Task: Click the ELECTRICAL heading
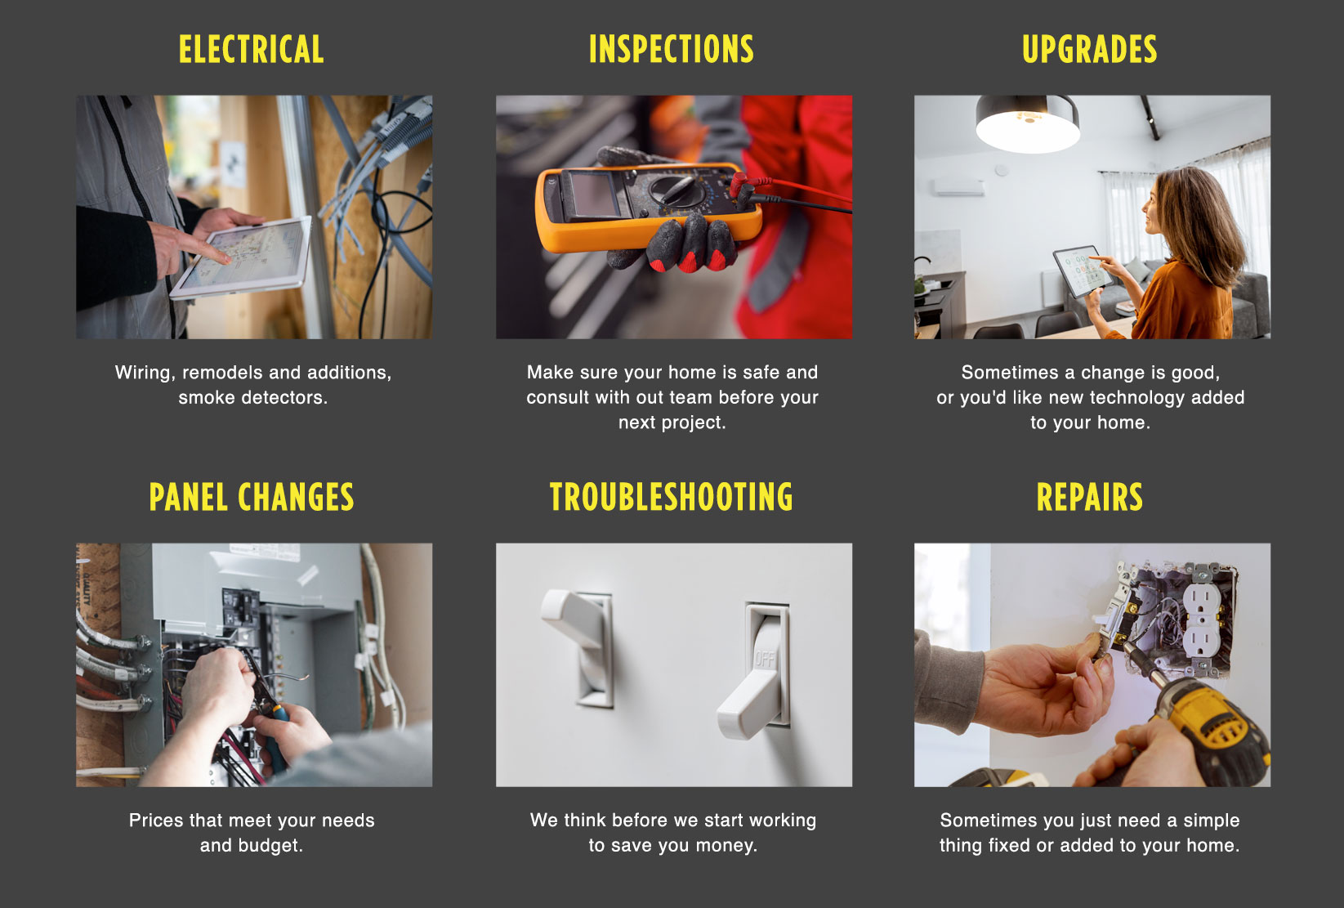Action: [x=252, y=49]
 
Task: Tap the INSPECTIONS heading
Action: [x=672, y=49]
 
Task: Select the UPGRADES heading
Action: [x=1090, y=49]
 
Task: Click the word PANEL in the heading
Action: [x=189, y=497]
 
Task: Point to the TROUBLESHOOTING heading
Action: [x=672, y=497]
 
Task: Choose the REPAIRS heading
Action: [x=1090, y=497]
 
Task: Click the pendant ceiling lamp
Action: [x=1027, y=124]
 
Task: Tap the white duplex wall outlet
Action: [x=1201, y=622]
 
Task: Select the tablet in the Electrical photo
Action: [x=241, y=258]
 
